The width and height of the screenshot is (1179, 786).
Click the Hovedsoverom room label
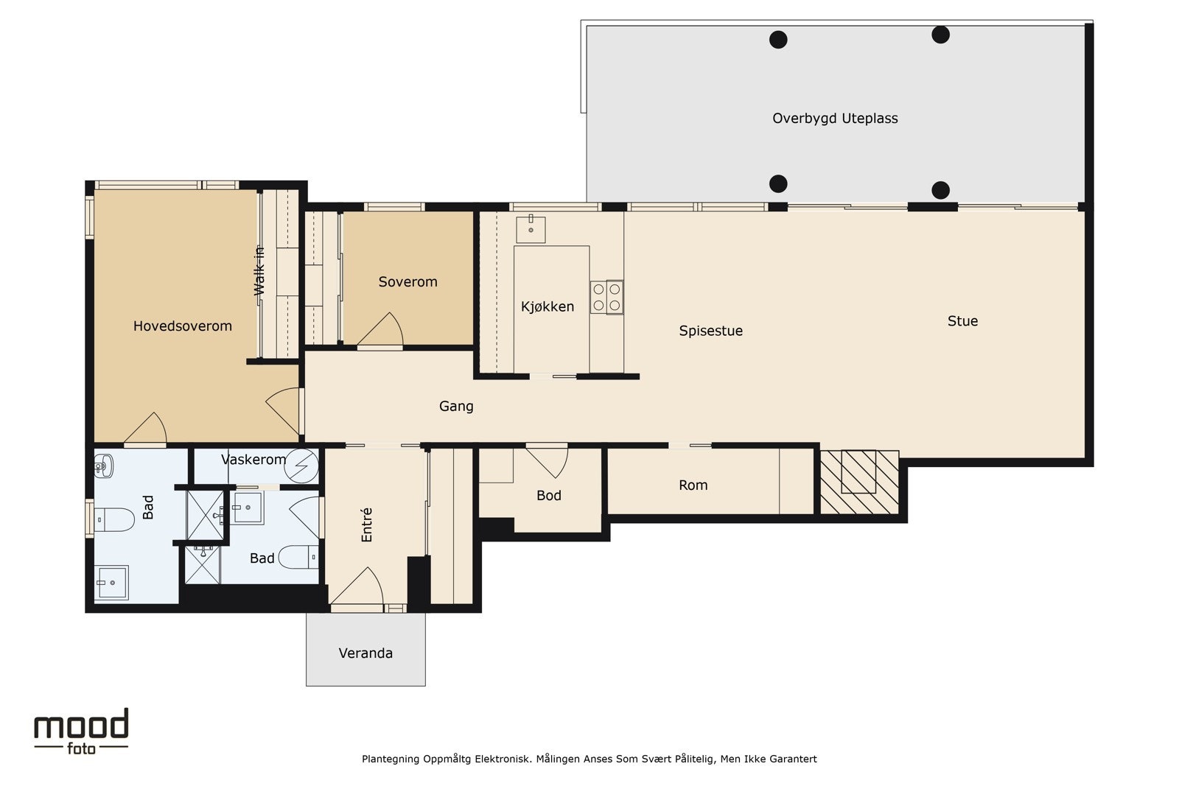[182, 326]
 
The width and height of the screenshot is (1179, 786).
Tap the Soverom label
[408, 282]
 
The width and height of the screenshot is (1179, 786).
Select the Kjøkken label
[547, 306]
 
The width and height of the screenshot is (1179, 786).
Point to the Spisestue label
[710, 331]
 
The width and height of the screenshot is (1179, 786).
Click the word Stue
[962, 321]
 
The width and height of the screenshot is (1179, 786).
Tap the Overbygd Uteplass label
[835, 119]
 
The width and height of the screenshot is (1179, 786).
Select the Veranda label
[365, 653]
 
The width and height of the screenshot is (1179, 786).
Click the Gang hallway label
[456, 406]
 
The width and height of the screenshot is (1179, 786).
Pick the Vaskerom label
[253, 460]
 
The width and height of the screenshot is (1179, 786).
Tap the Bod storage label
[548, 496]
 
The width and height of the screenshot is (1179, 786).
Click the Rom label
[693, 485]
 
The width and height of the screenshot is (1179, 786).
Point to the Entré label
[367, 524]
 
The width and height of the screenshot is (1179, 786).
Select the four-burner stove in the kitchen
[606, 298]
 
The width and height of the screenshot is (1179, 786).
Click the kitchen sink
[531, 229]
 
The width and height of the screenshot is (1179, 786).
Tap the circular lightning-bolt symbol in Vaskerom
[301, 466]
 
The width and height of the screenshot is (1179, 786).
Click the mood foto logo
[81, 731]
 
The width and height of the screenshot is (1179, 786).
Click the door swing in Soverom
[380, 330]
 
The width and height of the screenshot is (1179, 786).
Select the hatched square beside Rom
[859, 481]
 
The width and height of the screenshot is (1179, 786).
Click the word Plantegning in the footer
[391, 759]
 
